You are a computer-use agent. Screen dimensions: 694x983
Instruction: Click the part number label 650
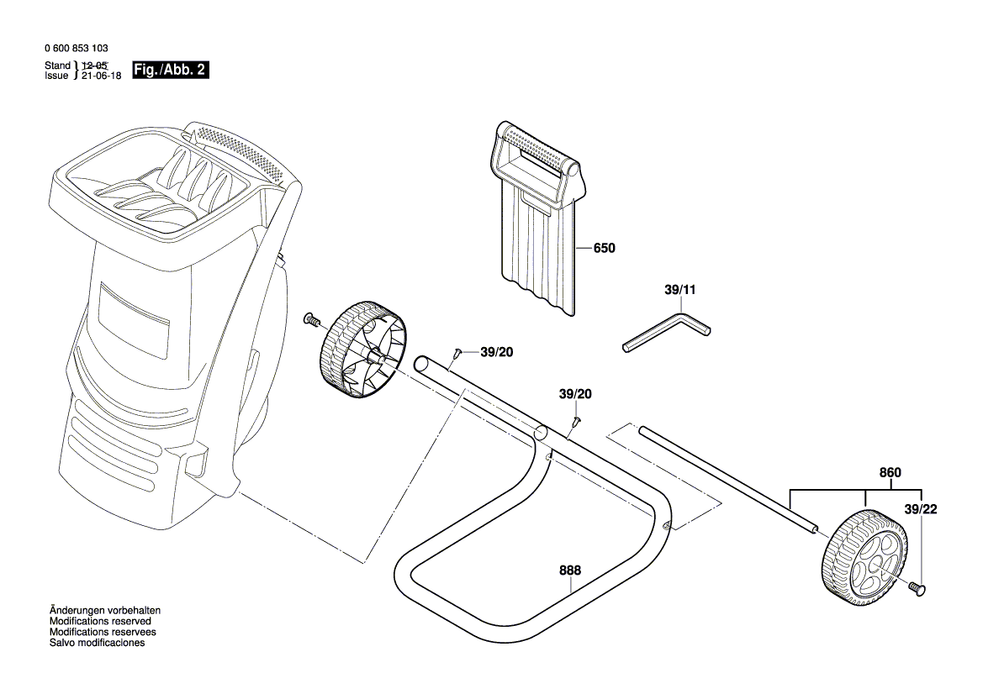(x=604, y=249)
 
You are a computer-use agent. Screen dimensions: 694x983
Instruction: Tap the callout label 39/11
(x=680, y=290)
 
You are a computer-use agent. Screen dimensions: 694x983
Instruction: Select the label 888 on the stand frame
(x=570, y=571)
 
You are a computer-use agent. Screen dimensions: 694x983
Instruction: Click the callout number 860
(x=890, y=473)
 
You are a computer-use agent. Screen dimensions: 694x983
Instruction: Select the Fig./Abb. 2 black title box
(x=170, y=71)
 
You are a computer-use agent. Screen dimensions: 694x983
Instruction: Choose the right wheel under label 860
(x=864, y=556)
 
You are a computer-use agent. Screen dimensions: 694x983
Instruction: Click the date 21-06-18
(x=101, y=75)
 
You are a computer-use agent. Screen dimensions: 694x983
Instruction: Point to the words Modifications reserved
(x=100, y=621)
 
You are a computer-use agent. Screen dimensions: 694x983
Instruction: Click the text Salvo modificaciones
(x=97, y=643)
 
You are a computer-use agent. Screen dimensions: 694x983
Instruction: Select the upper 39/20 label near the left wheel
(x=495, y=352)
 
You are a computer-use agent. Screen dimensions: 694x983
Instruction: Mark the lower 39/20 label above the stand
(x=575, y=394)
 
